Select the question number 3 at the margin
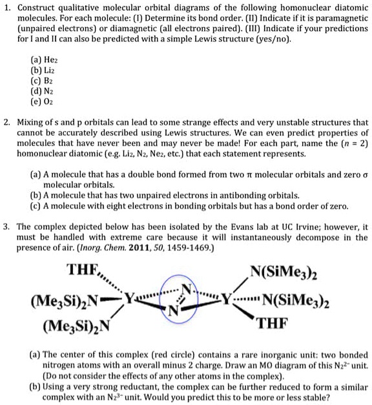click(6, 227)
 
